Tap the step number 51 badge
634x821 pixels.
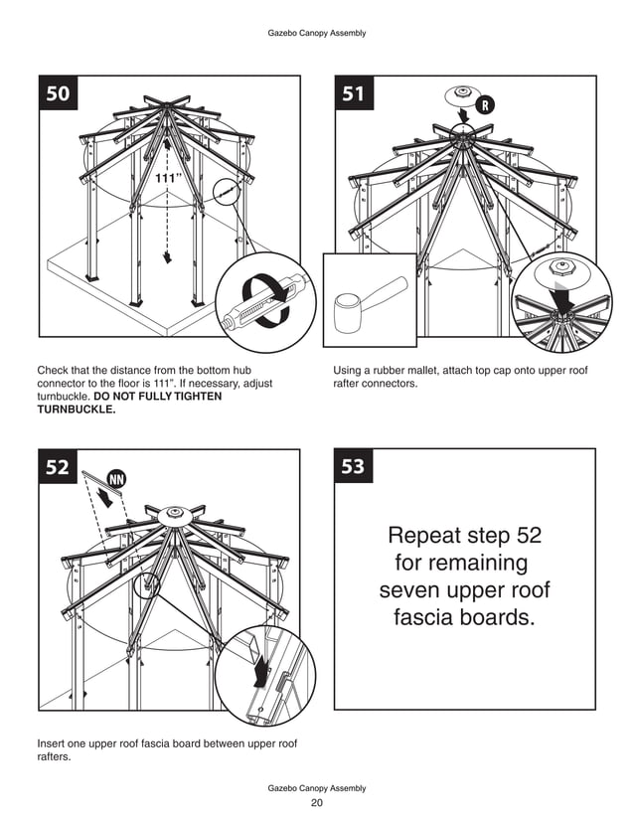point(354,93)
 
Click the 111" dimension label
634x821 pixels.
point(168,177)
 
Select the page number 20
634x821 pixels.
point(317,803)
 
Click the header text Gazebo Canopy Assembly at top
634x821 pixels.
point(317,33)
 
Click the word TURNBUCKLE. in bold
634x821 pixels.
point(76,408)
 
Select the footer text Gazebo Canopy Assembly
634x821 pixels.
point(317,788)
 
